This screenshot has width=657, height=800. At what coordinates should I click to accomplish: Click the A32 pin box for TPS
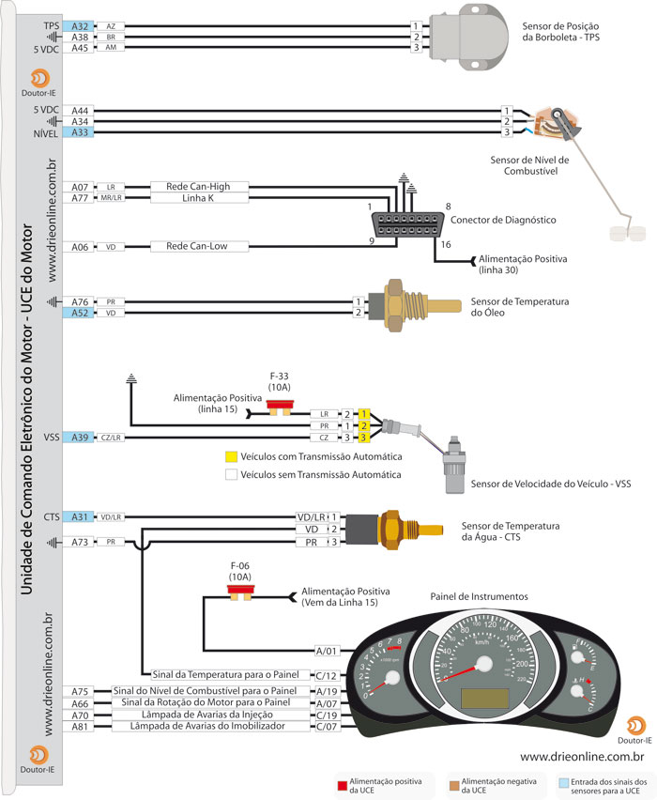(80, 26)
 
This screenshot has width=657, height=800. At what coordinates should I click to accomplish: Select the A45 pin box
(80, 47)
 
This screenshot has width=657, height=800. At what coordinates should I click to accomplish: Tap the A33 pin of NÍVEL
(80, 132)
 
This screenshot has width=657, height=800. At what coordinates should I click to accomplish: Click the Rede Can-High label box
(197, 187)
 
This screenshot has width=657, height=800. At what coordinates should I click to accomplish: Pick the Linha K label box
(197, 197)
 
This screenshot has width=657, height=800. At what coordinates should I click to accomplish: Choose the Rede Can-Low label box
(197, 247)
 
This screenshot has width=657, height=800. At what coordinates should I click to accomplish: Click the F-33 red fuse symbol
(279, 407)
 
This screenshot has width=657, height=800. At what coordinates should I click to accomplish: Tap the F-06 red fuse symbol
(240, 593)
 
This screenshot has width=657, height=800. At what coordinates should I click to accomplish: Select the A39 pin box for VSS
(80, 438)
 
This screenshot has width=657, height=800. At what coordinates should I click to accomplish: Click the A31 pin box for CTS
(80, 516)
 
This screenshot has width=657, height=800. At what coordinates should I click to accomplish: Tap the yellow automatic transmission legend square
(230, 457)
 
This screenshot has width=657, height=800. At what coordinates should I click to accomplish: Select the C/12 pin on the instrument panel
(326, 674)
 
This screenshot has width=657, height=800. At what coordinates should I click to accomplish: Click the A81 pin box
(80, 726)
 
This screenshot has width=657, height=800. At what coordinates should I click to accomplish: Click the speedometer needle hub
(484, 664)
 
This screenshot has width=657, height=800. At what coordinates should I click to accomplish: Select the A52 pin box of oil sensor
(80, 313)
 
